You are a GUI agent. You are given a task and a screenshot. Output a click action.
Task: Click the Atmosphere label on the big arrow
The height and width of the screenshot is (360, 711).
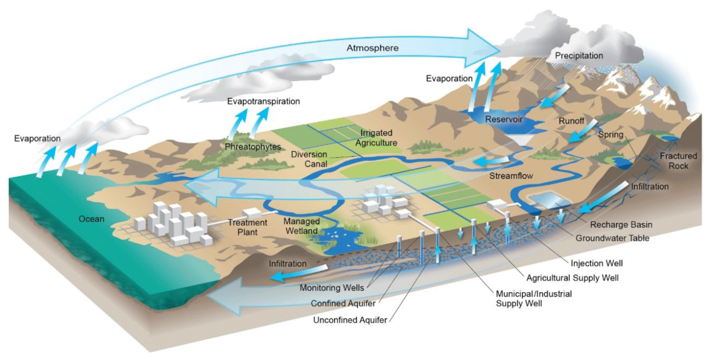coord(372,48)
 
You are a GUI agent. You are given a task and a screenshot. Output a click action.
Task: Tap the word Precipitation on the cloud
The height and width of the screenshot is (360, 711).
coord(579,56)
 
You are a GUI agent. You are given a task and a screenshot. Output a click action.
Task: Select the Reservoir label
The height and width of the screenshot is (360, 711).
coord(504,119)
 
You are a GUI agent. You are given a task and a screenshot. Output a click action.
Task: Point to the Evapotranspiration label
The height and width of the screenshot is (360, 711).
coord(263,101)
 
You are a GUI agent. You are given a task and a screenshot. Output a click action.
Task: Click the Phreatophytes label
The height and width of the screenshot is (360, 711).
coord(252,147)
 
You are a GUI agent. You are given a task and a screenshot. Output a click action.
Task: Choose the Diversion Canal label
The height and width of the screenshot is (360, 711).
coord(309,159)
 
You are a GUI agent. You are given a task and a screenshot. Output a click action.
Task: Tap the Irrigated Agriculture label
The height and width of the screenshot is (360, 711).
coord(376,138)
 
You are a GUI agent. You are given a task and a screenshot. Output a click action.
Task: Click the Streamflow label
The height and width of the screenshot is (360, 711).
coord(511,176)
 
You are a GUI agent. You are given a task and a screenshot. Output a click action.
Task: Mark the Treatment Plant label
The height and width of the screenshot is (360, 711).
coord(247,227)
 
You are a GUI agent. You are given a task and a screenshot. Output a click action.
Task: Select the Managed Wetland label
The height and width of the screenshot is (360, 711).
coord(301,226)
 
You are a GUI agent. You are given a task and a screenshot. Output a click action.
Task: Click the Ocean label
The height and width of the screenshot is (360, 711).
coord(91,219)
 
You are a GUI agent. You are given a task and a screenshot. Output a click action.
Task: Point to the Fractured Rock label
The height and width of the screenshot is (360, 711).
coord(678,161)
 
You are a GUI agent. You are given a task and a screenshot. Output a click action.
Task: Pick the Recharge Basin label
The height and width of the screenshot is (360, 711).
coord(621,224)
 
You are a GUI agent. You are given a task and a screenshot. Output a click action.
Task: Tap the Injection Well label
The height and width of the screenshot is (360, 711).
coord(596,263)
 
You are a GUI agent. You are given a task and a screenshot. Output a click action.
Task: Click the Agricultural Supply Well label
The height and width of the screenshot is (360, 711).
coord(572,278)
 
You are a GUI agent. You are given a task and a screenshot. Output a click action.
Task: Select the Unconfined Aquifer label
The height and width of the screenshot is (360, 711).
coord(350,320)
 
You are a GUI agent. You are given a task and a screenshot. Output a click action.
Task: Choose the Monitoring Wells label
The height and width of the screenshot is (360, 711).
coord(332,288)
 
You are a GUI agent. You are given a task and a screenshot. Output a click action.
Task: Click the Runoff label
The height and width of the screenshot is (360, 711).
coord(571,121)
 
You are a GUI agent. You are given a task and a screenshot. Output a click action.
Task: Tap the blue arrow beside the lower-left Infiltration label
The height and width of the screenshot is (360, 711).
coord(295,273)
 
